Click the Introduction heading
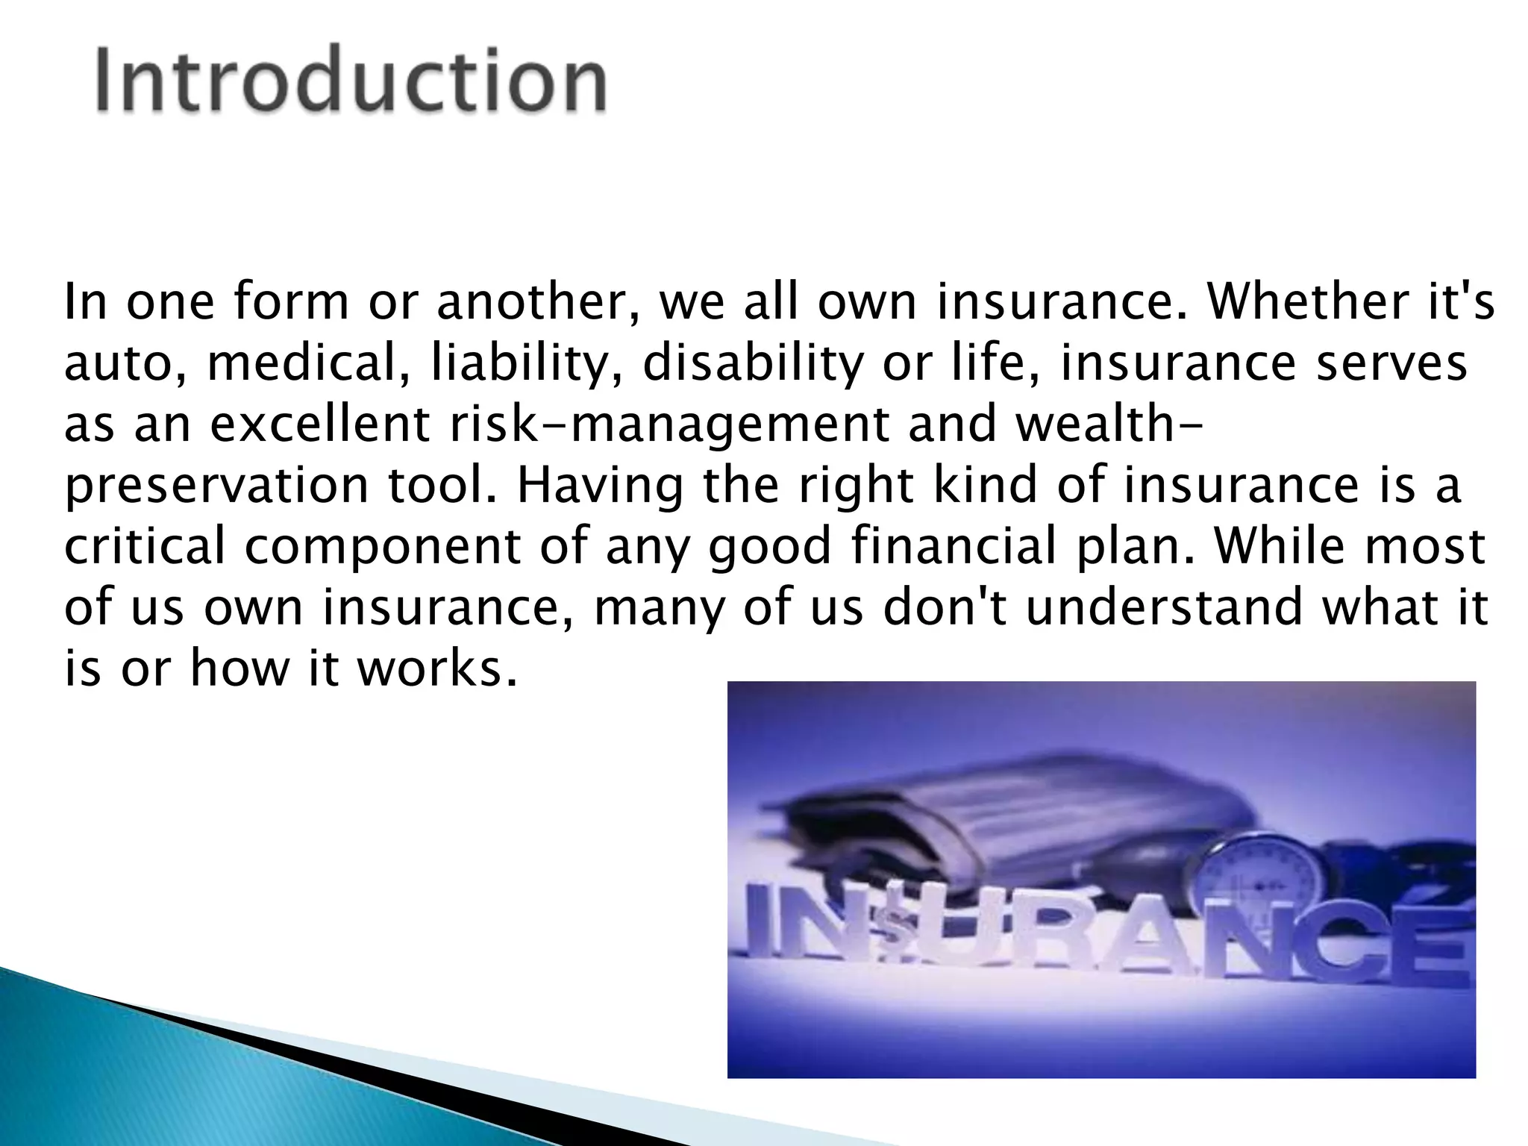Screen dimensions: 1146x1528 coord(351,81)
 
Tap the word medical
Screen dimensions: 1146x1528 coord(308,363)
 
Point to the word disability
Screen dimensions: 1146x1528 coord(752,363)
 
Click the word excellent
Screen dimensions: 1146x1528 coord(320,424)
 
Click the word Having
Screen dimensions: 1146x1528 coord(600,485)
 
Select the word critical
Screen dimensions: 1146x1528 coord(145,545)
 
